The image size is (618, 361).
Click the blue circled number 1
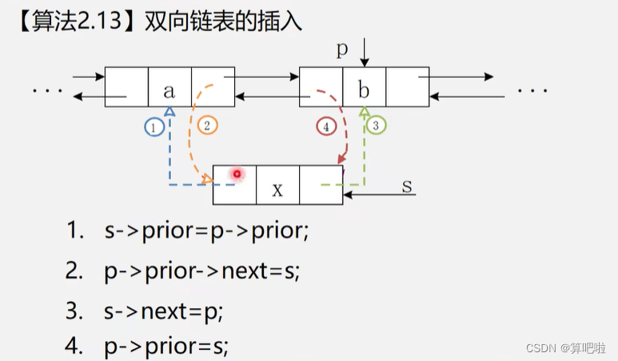pos(154,126)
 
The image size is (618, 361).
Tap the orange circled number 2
pos(206,126)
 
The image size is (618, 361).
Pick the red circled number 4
pos(325,126)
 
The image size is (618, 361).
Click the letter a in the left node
pos(169,90)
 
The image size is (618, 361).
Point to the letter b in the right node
pos(364,90)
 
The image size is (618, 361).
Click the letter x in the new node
pos(277,189)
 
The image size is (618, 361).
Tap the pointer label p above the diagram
pos(342,50)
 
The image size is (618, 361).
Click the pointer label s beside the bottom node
pos(406,186)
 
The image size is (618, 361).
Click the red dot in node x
pos(237,174)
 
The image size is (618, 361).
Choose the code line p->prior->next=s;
pos(202,271)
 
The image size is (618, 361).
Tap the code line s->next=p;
pos(166,309)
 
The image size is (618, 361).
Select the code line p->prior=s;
pos(166,347)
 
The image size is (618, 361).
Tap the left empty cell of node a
pos(127,87)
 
